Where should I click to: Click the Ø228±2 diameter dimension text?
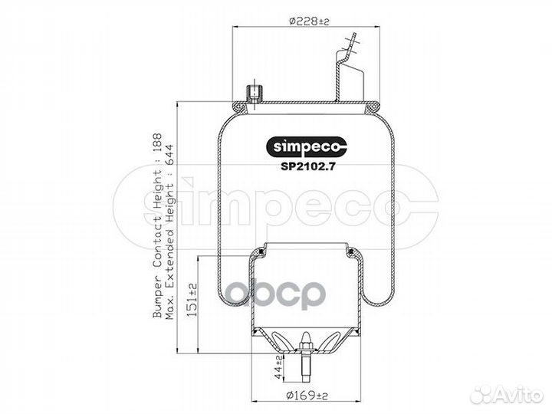(x=309, y=21)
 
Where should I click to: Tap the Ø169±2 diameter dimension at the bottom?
(x=307, y=396)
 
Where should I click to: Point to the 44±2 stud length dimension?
(x=278, y=367)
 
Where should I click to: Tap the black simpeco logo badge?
(x=306, y=146)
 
